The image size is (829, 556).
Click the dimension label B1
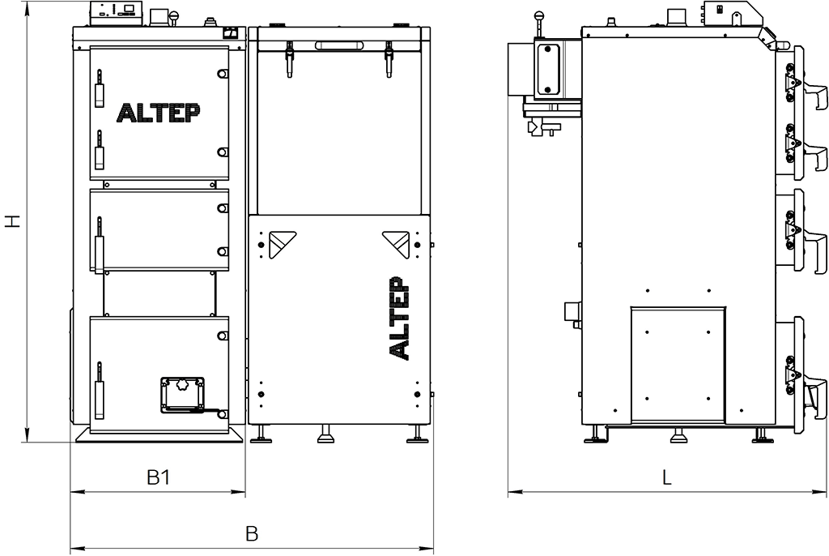158,477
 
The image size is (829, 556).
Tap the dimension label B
253,533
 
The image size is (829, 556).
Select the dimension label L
667,477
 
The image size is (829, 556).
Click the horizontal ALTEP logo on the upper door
159,113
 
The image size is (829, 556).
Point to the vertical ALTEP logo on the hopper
399,318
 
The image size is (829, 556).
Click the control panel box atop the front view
117,13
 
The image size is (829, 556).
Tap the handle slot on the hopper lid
338,45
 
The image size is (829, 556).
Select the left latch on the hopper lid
290,59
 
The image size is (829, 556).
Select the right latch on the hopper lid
389,59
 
